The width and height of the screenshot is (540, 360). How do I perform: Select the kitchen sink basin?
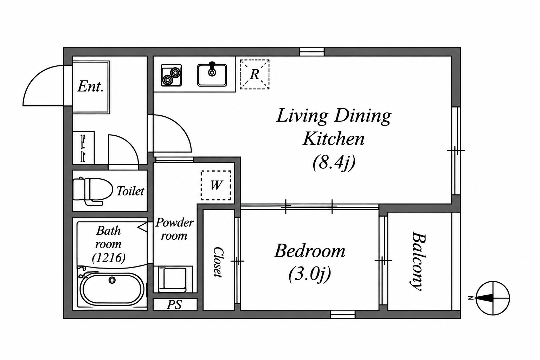(212, 75)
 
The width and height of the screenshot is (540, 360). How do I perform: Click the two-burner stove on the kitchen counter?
(171, 75)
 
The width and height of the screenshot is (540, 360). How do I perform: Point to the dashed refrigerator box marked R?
(255, 75)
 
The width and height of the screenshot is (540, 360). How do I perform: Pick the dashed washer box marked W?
(216, 185)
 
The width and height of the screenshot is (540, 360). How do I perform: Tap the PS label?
(174, 304)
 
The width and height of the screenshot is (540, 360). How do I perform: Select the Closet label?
(218, 262)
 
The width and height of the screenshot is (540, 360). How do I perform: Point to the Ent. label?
(90, 86)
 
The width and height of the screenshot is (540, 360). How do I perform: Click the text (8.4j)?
(334, 163)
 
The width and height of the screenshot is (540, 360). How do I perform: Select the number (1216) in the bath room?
(109, 258)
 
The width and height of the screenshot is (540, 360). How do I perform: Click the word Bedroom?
(309, 251)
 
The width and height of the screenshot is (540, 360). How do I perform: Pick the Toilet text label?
(130, 191)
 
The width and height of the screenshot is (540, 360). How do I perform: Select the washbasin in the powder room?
(173, 279)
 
